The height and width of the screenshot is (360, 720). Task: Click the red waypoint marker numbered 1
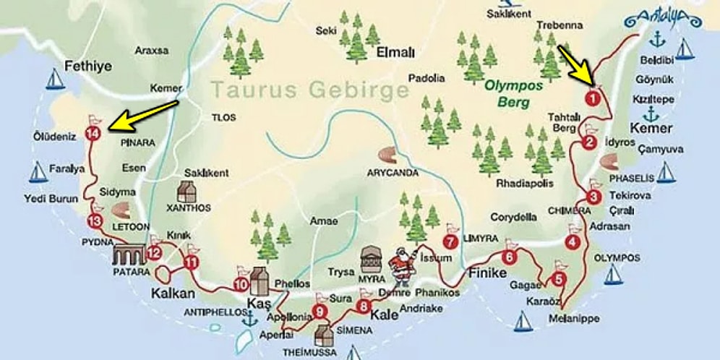click(591, 95)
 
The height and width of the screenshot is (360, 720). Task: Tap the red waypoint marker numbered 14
click(92, 133)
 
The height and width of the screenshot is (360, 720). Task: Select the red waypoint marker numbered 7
click(451, 241)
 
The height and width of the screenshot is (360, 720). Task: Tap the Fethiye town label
click(88, 66)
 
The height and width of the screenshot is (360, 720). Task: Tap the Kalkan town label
click(173, 293)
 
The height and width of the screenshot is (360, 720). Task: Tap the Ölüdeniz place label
click(55, 136)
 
